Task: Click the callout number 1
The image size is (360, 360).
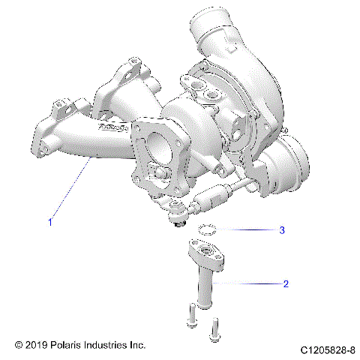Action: click(x=50, y=221)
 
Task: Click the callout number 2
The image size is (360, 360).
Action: click(x=285, y=284)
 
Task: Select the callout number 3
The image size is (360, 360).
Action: click(x=282, y=230)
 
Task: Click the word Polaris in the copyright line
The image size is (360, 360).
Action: click(x=70, y=345)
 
